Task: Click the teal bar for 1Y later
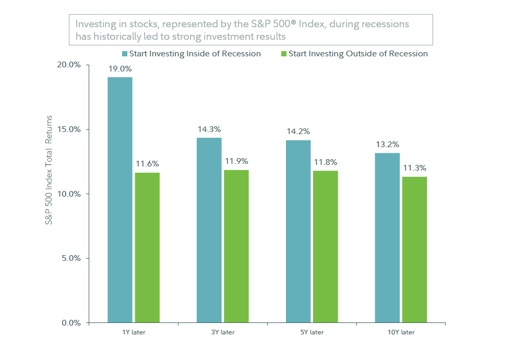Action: [120, 200]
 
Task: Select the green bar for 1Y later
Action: [147, 248]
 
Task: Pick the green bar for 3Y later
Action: [236, 246]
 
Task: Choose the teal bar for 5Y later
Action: [298, 231]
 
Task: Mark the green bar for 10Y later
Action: [414, 250]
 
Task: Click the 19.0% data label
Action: [120, 69]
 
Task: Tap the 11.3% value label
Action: [414, 168]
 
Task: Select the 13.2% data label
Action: [387, 145]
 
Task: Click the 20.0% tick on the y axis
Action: [69, 65]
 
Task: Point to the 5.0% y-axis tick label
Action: [70, 258]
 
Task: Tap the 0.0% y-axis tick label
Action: [70, 323]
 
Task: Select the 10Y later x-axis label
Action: [401, 332]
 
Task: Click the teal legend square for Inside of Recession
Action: [125, 54]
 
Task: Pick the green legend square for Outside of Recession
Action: [284, 54]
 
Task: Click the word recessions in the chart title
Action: [384, 25]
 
